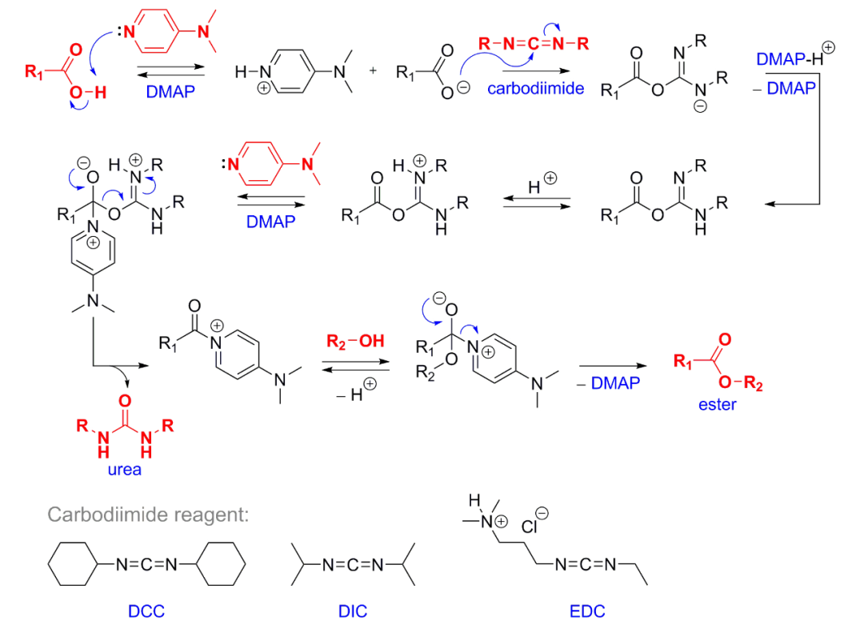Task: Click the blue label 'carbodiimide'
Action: coord(534,89)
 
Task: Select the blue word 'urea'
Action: coord(125,469)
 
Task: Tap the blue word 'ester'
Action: coord(717,404)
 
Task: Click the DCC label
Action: coord(146,612)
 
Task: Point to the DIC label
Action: coord(352,612)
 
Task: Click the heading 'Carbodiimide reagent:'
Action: coord(149,514)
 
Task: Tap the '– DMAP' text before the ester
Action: coord(608,383)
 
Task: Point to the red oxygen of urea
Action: coord(125,398)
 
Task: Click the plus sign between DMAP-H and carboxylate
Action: coord(373,71)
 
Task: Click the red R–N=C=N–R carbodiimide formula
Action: coord(533,43)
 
